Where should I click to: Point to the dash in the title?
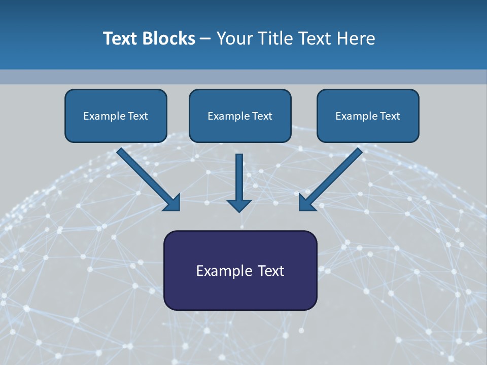pyautogui.click(x=205, y=39)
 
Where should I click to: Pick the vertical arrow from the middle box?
pyautogui.click(x=239, y=177)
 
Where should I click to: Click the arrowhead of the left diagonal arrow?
pyautogui.click(x=172, y=203)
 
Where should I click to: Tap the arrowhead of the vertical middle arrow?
pyautogui.click(x=239, y=204)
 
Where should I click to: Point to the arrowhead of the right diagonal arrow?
pyautogui.click(x=306, y=203)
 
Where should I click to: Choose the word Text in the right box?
pyautogui.click(x=390, y=116)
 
